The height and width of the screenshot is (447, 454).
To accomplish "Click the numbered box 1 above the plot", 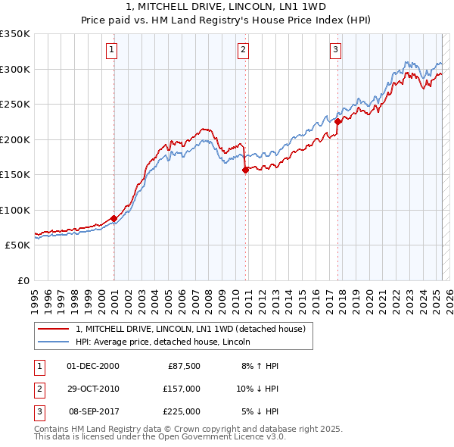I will (x=111, y=51).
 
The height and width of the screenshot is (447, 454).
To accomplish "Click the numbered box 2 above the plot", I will (x=243, y=51).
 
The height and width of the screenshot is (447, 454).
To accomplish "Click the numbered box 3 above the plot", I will (x=334, y=51).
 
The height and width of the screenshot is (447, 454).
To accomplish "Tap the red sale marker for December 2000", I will (x=113, y=218).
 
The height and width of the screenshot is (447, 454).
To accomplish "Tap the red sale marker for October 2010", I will (x=245, y=170).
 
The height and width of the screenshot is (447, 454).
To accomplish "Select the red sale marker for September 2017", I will (x=337, y=122).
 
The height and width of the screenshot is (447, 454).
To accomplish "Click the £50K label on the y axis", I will (x=18, y=245).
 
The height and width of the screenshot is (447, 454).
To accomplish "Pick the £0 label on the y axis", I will (x=23, y=280).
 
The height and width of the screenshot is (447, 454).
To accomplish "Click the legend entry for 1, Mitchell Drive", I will (x=190, y=329).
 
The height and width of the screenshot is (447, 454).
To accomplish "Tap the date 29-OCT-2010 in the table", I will (x=93, y=389).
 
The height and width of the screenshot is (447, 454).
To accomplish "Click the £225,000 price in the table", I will (x=182, y=411).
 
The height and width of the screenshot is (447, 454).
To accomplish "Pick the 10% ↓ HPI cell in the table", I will (x=258, y=389).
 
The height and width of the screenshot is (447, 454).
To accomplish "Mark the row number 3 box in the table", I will (x=39, y=411).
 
